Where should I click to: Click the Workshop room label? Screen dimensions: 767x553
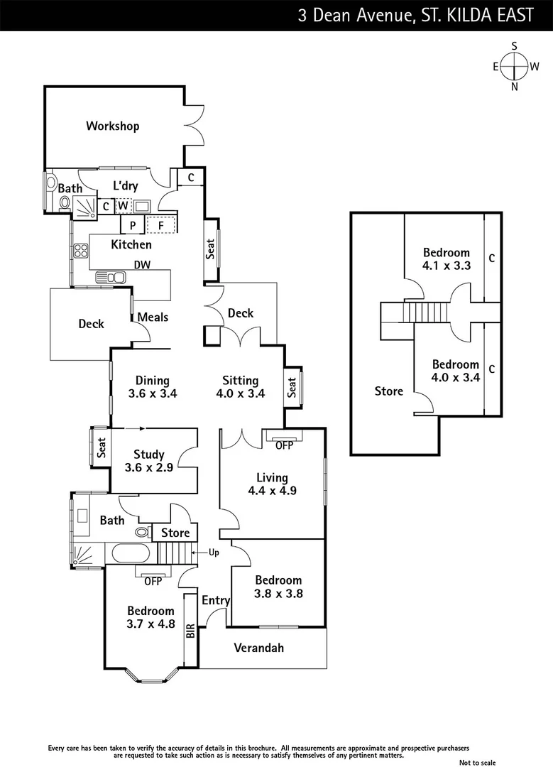112,126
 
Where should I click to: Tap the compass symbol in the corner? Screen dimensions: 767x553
515,66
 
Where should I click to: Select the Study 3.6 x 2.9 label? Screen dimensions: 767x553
148,461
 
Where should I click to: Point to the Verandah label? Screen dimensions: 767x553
258,648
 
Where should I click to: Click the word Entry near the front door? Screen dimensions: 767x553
216,601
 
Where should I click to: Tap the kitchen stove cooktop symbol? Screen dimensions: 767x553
79,250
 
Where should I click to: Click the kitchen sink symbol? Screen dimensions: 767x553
111,276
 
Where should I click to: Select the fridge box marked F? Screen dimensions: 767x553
161,226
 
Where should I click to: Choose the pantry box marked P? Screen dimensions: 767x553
133,226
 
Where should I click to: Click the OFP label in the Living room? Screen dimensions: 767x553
283,445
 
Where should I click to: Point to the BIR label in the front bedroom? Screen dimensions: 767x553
190,631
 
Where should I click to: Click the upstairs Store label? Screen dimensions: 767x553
388,391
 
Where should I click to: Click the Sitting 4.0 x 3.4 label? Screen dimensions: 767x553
240,387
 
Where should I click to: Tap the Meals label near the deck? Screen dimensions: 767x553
153,317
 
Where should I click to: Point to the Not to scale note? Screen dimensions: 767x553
477,762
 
